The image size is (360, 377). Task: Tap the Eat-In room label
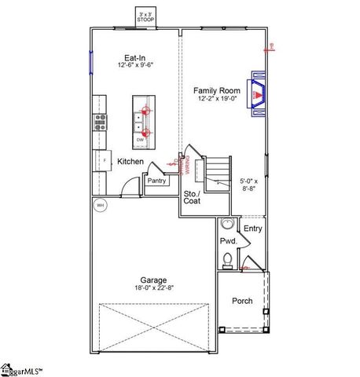132,57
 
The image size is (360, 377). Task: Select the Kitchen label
130,161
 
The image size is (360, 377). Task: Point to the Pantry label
156,181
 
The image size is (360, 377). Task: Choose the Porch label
242,301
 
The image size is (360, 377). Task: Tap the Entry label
252,229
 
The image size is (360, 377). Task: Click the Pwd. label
228,241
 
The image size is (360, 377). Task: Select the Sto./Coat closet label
193,197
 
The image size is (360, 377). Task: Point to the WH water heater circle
100,206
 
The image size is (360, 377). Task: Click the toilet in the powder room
227,259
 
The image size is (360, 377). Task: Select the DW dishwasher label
141,140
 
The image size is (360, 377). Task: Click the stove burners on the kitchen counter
101,121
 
